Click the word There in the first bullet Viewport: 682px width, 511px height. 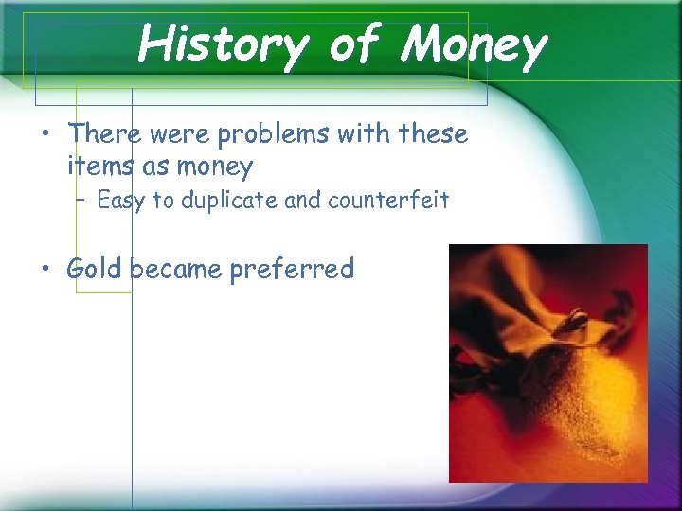pyautogui.click(x=104, y=134)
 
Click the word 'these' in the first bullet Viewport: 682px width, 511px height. pyautogui.click(x=434, y=134)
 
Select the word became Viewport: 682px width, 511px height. pyautogui.click(x=175, y=269)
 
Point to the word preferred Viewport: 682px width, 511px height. pyautogui.click(x=292, y=270)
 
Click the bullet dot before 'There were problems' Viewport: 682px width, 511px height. pyautogui.click(x=45, y=135)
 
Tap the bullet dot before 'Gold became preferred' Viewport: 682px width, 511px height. pyautogui.click(x=45, y=270)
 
